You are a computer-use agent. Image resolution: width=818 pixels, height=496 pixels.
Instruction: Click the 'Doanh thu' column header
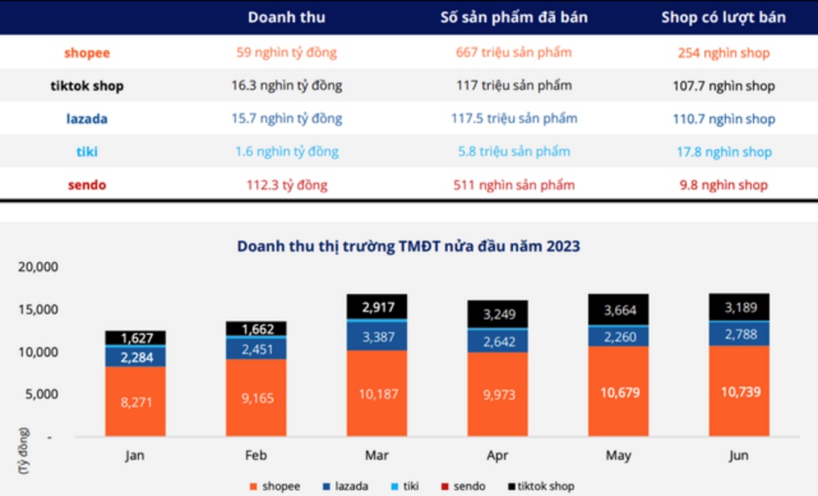(x=287, y=17)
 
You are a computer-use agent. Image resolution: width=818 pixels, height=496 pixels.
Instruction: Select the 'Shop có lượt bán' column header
(x=723, y=17)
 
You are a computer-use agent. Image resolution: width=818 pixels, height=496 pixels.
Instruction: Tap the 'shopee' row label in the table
(x=87, y=53)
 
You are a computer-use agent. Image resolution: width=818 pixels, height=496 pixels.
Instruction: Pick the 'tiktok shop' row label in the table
(x=87, y=86)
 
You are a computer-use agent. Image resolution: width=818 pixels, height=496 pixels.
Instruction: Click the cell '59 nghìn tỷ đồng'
(x=287, y=53)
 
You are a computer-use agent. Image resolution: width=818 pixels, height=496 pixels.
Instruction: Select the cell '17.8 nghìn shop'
(x=723, y=152)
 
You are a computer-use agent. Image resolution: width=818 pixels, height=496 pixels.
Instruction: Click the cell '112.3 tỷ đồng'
(x=287, y=185)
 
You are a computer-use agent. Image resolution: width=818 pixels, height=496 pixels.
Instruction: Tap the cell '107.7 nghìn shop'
(x=723, y=86)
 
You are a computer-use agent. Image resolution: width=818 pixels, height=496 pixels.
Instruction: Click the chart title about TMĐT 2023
(x=409, y=246)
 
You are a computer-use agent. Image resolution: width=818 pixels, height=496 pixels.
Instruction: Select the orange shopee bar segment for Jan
(x=135, y=401)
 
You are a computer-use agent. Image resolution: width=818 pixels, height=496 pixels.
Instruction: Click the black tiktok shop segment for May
(x=619, y=310)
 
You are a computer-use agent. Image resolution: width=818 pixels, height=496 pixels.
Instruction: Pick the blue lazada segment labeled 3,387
(x=377, y=337)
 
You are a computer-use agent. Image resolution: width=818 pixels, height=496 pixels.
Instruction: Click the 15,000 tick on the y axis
(x=36, y=310)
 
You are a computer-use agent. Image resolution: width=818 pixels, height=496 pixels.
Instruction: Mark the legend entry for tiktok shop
(x=540, y=486)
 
